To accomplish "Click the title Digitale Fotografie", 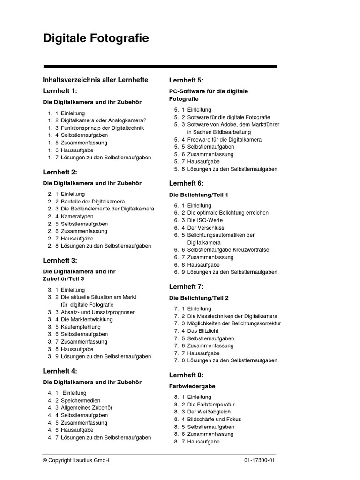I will click(96, 38).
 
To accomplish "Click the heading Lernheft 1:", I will click(60, 91).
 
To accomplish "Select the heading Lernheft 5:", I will click(186, 80).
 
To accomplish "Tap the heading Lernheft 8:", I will click(186, 375).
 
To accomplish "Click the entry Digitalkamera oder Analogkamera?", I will click(103, 120).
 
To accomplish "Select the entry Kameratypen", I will click(77, 217).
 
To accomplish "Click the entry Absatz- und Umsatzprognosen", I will click(98, 312).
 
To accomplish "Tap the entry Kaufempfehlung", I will click(81, 327).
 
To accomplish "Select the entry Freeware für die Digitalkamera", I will click(224, 140).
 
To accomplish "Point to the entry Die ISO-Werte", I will click(205, 220).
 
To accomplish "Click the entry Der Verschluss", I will click(206, 228).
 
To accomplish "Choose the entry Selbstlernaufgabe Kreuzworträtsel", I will click(229, 250).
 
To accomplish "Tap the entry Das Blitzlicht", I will click(203, 331).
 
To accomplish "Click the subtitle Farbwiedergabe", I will click(192, 386).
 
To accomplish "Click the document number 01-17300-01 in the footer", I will click(259, 461).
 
